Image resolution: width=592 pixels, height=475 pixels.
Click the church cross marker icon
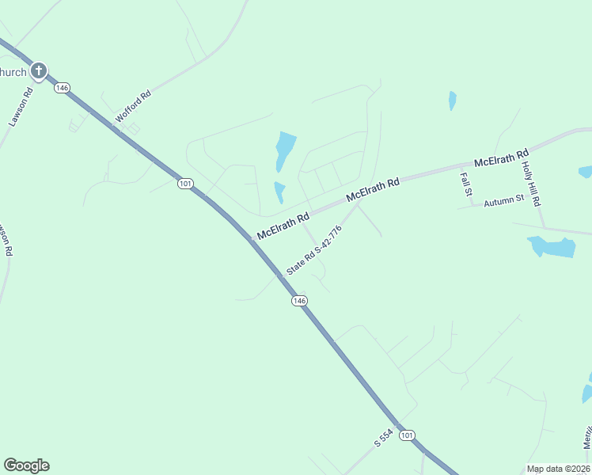(x=39, y=71)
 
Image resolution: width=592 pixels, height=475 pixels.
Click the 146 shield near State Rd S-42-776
(x=298, y=301)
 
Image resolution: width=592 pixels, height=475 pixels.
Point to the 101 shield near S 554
(x=407, y=435)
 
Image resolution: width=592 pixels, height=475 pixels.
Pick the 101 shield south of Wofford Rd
(x=185, y=184)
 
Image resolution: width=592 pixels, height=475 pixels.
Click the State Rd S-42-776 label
(x=314, y=251)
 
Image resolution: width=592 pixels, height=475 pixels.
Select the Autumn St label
(x=504, y=199)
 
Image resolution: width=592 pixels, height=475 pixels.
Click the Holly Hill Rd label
(x=530, y=184)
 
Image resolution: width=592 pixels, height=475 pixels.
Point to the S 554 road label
(x=384, y=440)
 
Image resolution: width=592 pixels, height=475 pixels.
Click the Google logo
(x=26, y=465)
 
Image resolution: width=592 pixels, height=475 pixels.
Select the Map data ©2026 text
(x=557, y=469)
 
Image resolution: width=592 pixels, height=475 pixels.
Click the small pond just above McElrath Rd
(x=279, y=192)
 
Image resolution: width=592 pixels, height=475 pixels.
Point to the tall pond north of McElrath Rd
(x=284, y=150)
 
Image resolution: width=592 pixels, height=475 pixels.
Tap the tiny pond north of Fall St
(x=452, y=101)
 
